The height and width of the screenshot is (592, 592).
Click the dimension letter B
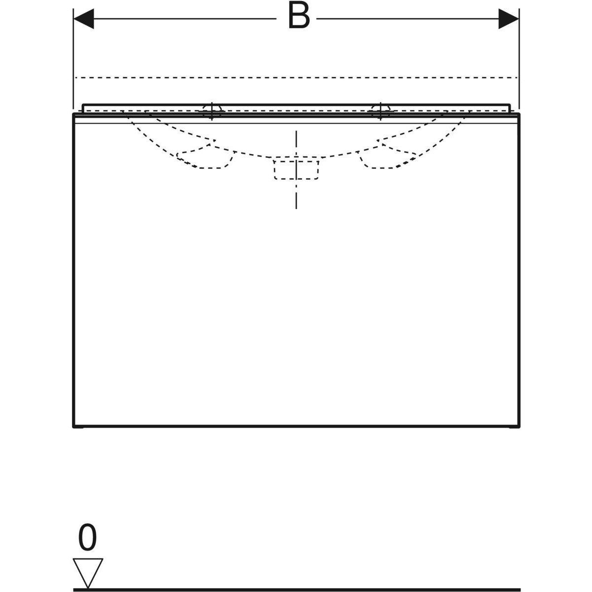299,18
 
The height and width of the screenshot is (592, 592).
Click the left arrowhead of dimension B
83,19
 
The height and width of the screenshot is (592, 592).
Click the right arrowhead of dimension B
509,19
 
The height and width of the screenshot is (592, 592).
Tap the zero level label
87,539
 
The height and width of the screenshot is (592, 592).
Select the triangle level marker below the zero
88,572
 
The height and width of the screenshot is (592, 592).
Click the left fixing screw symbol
212,111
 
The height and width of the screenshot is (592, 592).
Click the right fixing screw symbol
380,111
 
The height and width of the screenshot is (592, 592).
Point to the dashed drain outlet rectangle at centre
296,169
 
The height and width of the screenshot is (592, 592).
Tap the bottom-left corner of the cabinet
74,426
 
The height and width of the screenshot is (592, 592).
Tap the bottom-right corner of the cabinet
519,426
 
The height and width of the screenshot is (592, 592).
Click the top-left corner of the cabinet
74,114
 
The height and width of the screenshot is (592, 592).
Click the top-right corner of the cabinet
519,114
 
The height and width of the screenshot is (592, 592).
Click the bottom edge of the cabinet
296,426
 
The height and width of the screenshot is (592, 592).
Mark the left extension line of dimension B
73,59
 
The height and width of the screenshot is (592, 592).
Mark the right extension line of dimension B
519,59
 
